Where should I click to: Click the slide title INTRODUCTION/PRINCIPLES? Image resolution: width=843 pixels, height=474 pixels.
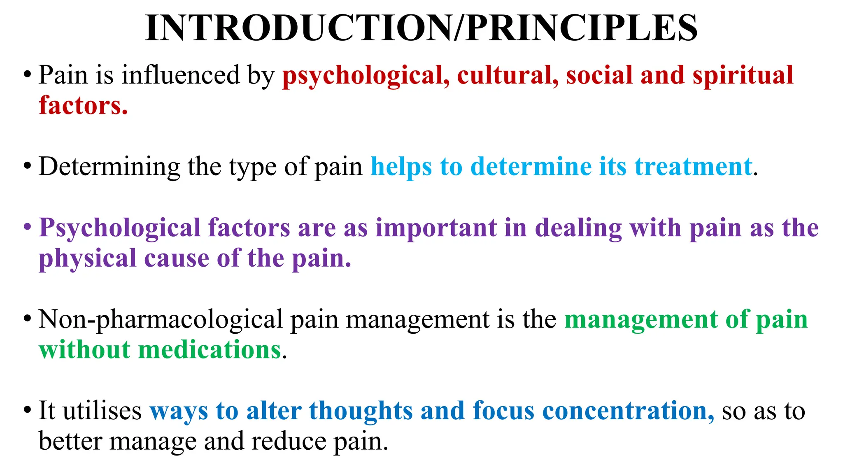click(421, 28)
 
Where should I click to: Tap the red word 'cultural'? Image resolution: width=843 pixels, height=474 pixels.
click(508, 76)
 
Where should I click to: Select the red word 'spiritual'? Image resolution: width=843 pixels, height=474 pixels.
click(743, 76)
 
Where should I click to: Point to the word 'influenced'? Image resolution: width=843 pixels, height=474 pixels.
click(180, 76)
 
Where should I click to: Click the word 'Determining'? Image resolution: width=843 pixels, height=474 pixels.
click(109, 167)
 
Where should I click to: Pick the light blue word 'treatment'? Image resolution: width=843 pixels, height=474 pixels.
click(693, 167)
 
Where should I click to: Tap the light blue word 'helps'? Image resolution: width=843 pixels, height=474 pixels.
click(401, 167)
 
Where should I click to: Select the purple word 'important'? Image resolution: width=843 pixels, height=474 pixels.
click(436, 228)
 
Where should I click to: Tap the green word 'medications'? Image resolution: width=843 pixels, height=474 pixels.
click(210, 350)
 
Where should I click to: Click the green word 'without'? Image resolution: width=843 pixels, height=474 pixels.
click(84, 350)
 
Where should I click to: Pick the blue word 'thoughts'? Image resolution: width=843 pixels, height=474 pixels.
click(361, 411)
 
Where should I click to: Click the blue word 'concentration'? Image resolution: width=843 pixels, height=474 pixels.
click(628, 411)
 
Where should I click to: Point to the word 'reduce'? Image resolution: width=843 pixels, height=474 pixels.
click(288, 441)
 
